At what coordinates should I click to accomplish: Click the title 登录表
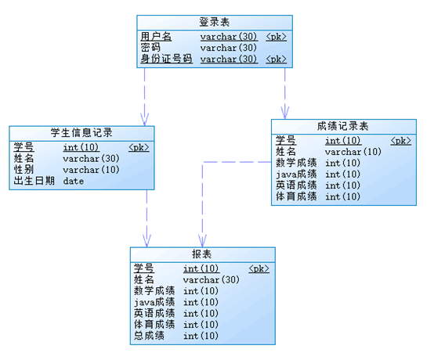pos(214,21)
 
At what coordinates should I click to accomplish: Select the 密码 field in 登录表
pos(150,48)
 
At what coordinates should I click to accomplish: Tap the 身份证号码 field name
pos(166,59)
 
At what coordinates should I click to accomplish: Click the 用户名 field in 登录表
pos(156,37)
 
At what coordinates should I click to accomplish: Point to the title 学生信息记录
pos(81,131)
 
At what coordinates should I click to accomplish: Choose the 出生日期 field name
pos(34,181)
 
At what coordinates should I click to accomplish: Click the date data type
pos(74,181)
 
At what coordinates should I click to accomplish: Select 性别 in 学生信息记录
pos(24,170)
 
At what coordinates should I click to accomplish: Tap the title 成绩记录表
pos(343,125)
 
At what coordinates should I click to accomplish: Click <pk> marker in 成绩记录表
pos(400,141)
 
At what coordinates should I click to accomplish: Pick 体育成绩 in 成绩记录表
pos(296,196)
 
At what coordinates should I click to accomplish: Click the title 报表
pos(202,254)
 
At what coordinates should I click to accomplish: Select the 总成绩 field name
pos(149,336)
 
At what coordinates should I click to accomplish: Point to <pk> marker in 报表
pos(259,269)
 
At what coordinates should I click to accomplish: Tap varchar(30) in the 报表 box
pos(211,280)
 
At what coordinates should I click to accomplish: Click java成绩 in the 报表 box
pos(154,302)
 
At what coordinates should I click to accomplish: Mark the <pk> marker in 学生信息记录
pos(139,147)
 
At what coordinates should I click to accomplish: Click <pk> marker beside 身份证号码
pos(277,59)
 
